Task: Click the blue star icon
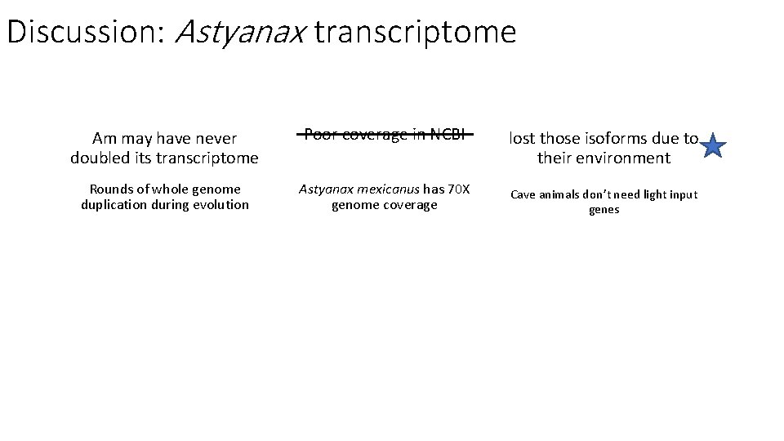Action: pyautogui.click(x=713, y=146)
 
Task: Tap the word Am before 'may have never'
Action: pyautogui.click(x=104, y=139)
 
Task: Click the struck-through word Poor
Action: pyautogui.click(x=322, y=135)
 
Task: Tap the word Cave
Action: pyautogui.click(x=525, y=194)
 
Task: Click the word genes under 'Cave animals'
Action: pyautogui.click(x=604, y=210)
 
